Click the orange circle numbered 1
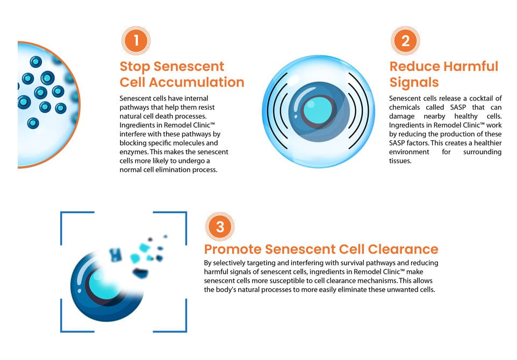click(x=136, y=40)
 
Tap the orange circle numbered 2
click(x=405, y=40)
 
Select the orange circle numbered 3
click(x=220, y=227)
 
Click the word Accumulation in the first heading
click(x=197, y=82)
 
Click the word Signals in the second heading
click(x=414, y=82)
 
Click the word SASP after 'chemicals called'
click(x=458, y=107)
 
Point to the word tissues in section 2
click(x=400, y=161)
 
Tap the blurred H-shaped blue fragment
click(x=116, y=254)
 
